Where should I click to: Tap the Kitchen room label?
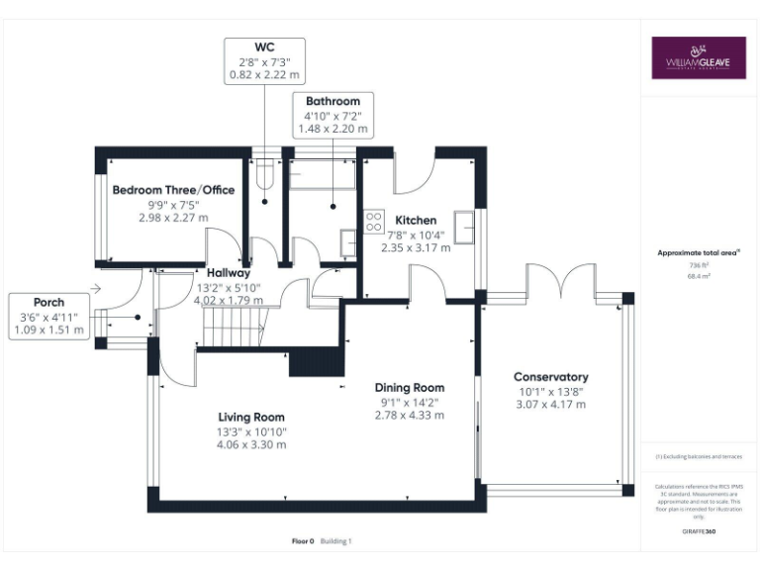(416, 220)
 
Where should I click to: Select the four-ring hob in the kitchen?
(375, 222)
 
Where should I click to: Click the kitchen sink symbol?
(464, 225)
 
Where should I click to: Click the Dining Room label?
(409, 388)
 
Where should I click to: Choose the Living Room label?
(252, 417)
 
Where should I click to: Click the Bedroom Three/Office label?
(173, 189)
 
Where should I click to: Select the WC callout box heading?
(264, 47)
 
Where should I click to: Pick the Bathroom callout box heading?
(332, 101)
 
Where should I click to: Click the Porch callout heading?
(48, 303)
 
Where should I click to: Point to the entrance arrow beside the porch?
(94, 289)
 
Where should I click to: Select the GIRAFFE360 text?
(699, 532)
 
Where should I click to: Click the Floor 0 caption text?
(303, 541)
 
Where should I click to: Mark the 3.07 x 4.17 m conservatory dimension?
(550, 405)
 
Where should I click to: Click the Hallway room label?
(229, 272)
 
